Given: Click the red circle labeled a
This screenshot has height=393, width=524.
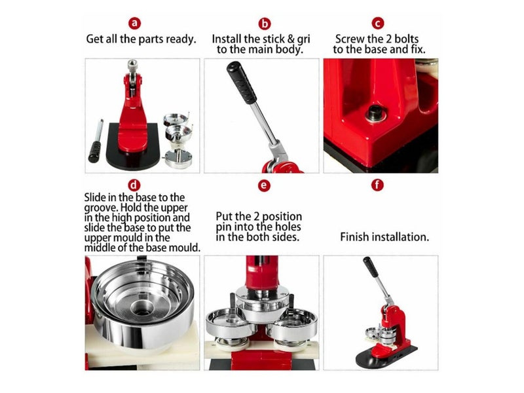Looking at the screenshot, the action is [x=134, y=23].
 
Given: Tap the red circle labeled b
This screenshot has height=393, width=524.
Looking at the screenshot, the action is [x=265, y=24].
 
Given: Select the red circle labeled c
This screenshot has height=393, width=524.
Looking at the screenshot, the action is [x=378, y=24].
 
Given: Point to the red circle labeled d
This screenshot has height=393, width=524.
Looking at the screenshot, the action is [x=134, y=185].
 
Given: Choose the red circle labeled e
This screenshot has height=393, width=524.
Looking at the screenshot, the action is [x=264, y=185].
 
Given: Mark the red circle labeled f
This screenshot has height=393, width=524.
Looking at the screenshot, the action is [x=377, y=185].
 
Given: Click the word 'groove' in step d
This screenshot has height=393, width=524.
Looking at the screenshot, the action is [x=98, y=208].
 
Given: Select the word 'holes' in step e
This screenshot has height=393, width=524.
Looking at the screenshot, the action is [x=288, y=227].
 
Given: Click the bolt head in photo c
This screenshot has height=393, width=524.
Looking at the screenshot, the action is [x=375, y=113].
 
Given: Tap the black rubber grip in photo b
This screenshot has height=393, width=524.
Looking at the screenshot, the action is [x=242, y=83].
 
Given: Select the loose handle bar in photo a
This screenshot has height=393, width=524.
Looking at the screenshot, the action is [x=96, y=141].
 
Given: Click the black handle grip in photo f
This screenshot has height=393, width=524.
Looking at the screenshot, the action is [x=371, y=267].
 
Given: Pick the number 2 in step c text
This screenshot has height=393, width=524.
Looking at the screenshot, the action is [x=388, y=39].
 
